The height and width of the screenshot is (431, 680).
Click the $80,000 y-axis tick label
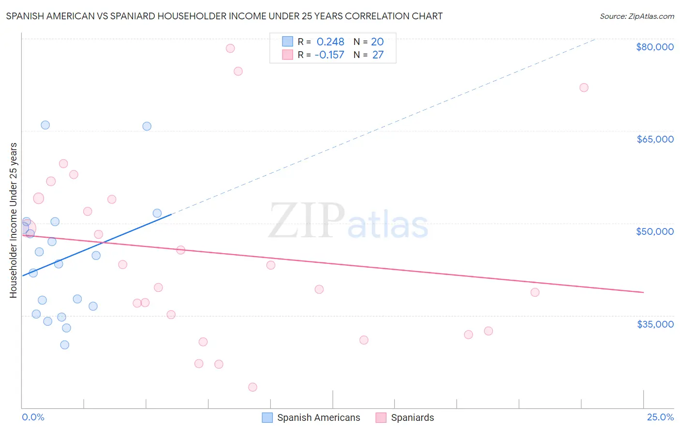pos(654,47)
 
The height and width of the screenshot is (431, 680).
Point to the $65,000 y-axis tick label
pos(655,139)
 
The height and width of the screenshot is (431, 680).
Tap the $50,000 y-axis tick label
pos(654,231)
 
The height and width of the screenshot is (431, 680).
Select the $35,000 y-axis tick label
pos(655,324)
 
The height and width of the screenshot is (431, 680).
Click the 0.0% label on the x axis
pos(33,417)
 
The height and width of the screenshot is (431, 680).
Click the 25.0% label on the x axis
pos(660,417)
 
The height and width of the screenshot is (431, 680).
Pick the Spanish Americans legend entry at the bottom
pos(311,418)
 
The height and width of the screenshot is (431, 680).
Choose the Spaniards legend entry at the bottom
pos(405,418)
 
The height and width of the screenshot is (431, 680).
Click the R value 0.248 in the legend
pos(330,42)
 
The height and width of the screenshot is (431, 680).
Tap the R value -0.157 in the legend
pos(329,55)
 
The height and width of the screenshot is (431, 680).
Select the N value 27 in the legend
pos(378,55)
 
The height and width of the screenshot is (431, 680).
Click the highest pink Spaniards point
pos(230,48)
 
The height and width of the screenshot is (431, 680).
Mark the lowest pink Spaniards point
pos(252,387)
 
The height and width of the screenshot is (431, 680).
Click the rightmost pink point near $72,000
pos(584,87)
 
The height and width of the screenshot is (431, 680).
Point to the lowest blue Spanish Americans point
pos(65,345)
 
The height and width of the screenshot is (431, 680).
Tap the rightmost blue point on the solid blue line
pos(157,213)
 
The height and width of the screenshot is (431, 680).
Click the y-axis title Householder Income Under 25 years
pos(14,220)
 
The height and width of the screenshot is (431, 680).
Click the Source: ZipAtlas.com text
pos(636,16)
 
